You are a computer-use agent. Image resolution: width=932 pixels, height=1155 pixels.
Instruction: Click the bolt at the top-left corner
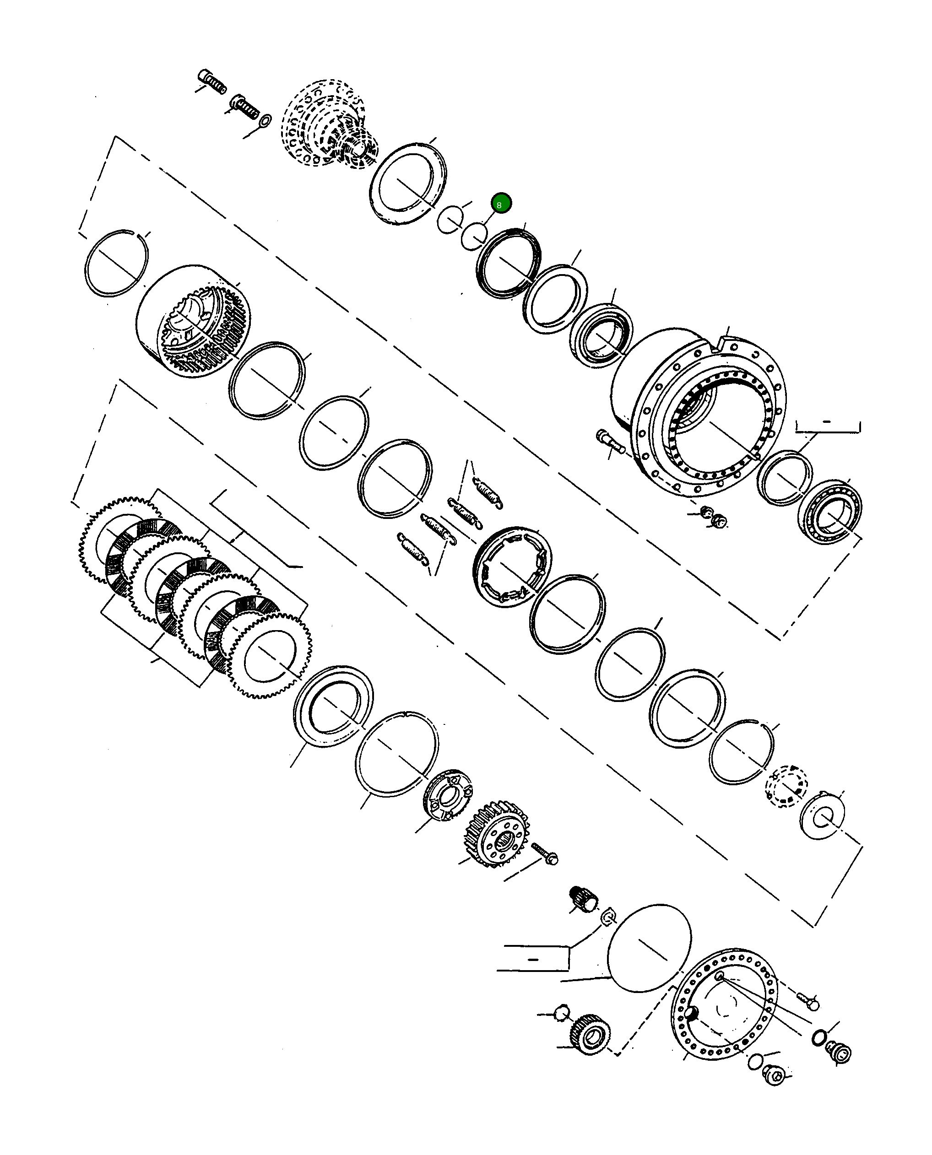(212, 81)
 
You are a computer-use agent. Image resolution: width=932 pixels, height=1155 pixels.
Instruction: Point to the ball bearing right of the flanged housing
(829, 511)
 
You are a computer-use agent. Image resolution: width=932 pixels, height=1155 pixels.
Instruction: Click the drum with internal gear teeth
(193, 320)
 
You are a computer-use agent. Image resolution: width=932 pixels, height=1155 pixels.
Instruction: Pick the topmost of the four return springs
(488, 491)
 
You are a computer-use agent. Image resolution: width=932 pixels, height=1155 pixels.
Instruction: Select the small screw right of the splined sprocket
(545, 853)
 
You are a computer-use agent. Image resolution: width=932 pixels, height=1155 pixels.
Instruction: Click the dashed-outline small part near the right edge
(786, 787)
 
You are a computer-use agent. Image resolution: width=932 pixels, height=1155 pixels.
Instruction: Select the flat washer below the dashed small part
(821, 816)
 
